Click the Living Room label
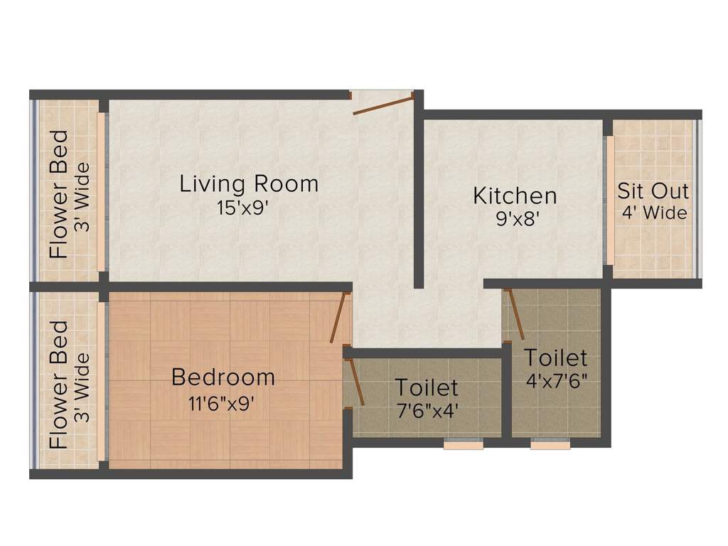point(249,184)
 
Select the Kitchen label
point(515,195)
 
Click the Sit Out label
point(653,191)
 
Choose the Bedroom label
point(223,377)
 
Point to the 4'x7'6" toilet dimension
point(556,380)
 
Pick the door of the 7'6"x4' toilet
point(355,382)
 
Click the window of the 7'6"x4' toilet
point(464,445)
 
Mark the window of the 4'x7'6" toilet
point(550,445)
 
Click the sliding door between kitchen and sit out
point(610,200)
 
